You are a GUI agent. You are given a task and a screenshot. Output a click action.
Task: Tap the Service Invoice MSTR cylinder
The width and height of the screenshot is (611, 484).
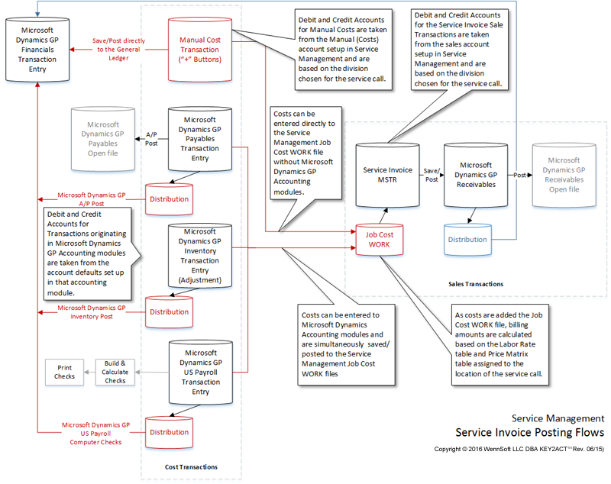[x=388, y=175]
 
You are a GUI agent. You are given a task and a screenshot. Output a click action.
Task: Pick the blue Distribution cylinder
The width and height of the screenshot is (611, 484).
[x=467, y=239]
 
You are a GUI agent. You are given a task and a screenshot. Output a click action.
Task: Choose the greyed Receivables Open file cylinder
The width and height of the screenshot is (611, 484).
[x=564, y=175]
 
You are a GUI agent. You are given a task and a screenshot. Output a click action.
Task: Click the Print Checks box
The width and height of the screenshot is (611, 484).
[x=64, y=372]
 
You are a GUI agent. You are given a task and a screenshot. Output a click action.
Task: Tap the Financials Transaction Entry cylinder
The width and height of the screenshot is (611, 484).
[x=37, y=49]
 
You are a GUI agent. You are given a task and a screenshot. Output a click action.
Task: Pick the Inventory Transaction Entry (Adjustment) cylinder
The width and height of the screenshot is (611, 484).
[x=200, y=256]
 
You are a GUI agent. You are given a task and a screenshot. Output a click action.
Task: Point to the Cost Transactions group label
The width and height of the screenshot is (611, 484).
[x=191, y=466]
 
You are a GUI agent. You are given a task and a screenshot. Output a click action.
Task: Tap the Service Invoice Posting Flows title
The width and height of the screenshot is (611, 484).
[x=529, y=433]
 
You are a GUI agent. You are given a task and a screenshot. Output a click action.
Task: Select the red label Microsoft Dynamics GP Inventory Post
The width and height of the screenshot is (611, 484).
[x=92, y=312]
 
